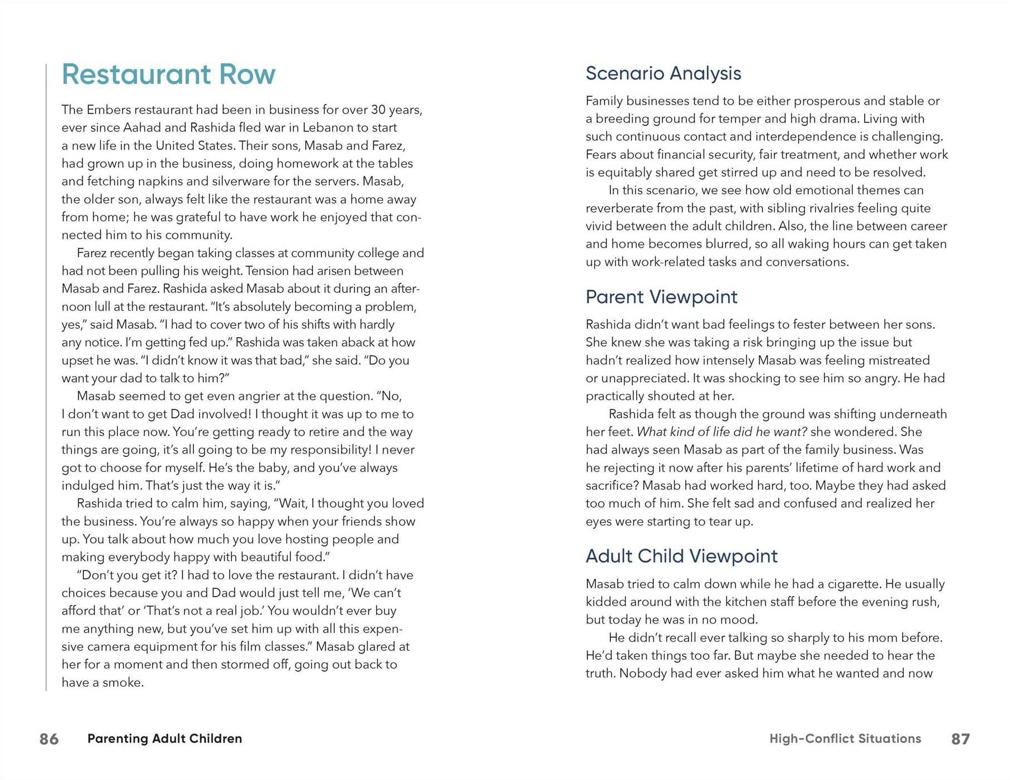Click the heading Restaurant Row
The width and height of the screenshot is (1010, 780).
(x=168, y=74)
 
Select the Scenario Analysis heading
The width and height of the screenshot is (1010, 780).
(x=663, y=73)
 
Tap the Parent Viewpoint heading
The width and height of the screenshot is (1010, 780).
(x=661, y=297)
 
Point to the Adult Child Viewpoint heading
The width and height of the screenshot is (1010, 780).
(x=681, y=556)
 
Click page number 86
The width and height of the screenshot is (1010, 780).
(x=49, y=739)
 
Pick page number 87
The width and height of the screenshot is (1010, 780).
(x=960, y=739)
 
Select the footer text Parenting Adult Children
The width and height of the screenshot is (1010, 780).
(x=165, y=739)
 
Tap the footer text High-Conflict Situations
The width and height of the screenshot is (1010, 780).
(x=845, y=739)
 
